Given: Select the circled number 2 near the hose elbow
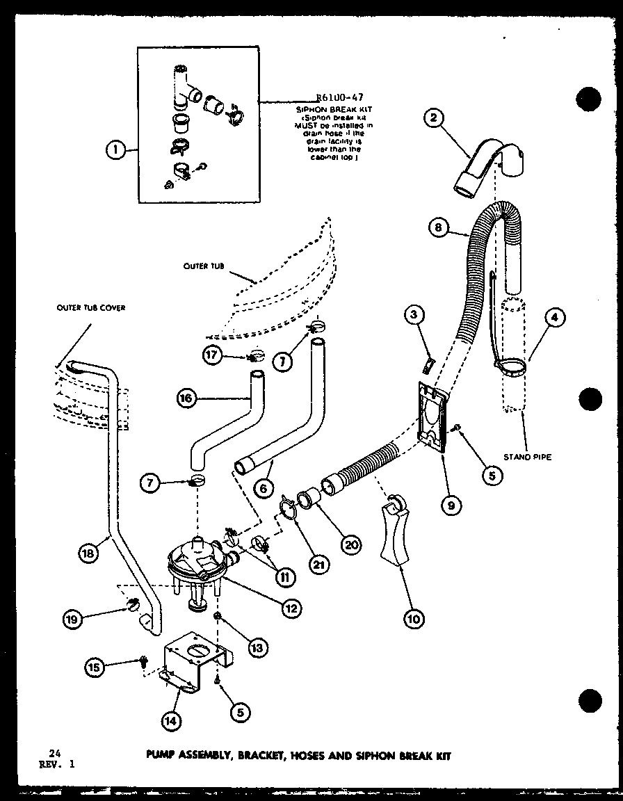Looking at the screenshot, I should tap(434, 118).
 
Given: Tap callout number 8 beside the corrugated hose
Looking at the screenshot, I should tap(436, 227).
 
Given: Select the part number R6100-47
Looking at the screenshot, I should tap(339, 98).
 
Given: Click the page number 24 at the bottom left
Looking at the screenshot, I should tap(54, 753).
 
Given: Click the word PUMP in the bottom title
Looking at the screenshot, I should tap(161, 756).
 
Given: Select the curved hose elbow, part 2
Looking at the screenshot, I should tap(487, 163).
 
